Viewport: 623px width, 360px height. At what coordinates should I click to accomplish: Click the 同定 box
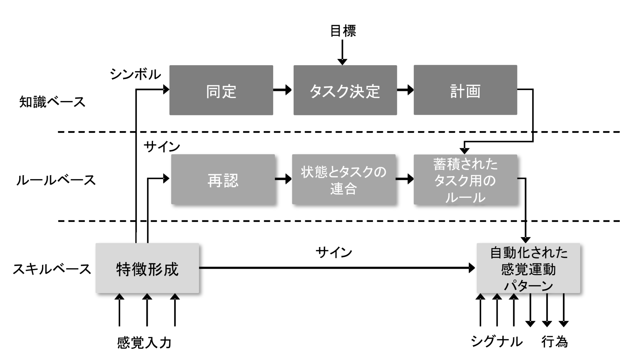pos(221,90)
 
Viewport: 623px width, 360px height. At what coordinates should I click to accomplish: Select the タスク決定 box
pos(345,90)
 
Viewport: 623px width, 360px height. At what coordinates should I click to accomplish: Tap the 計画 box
pos(465,90)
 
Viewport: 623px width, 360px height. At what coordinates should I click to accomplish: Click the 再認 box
pos(223,179)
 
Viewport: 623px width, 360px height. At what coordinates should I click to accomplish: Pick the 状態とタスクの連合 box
pos(344,179)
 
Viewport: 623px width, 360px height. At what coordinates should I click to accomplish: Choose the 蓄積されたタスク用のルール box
pos(465,180)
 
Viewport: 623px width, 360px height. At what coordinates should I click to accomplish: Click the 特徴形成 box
pos(147,268)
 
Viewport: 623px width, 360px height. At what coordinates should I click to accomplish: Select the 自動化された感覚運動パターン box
pos(528,268)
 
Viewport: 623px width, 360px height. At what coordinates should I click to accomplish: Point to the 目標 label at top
pos(343,31)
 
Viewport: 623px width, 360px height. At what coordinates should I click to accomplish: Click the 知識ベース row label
pos(52,102)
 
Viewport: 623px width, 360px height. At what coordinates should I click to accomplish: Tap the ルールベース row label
pos(56,180)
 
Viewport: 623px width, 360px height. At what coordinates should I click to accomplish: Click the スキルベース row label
pos(52,269)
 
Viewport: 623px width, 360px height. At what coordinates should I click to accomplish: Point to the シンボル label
pos(135,74)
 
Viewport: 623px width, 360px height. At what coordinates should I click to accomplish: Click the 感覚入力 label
pos(144,342)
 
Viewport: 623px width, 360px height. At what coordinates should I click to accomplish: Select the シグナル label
pos(496,341)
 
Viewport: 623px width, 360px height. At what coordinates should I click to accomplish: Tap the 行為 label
pos(554,341)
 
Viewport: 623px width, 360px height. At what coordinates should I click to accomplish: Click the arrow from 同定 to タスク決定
pos(283,90)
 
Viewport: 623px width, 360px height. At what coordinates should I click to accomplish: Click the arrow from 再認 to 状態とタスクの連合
pos(283,179)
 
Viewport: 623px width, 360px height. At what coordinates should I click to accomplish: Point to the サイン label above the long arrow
pos(334,252)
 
